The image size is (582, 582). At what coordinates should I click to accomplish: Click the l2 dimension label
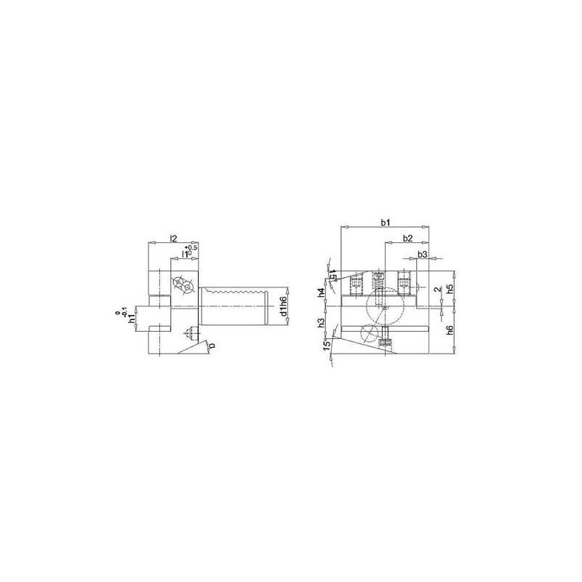click(x=173, y=238)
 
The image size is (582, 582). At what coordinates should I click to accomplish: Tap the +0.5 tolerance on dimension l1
click(x=192, y=249)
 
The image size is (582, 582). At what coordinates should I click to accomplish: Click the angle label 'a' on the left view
click(x=212, y=348)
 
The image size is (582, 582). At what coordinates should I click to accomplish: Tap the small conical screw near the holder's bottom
click(x=189, y=333)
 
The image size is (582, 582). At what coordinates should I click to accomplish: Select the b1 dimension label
click(x=386, y=222)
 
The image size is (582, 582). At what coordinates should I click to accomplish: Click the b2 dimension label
click(x=407, y=239)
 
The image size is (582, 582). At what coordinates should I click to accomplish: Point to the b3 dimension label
click(x=422, y=255)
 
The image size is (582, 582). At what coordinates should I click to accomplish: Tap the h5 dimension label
click(x=450, y=288)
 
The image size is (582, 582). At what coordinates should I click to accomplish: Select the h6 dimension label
click(x=450, y=330)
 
